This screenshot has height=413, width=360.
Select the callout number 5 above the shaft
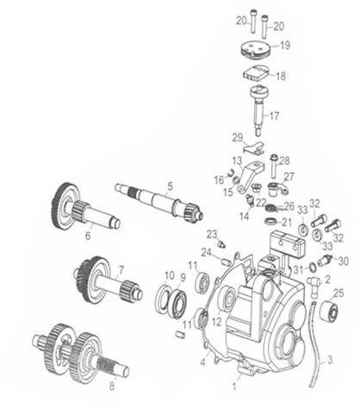tap(171, 185)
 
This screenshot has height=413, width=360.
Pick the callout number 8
tap(110, 386)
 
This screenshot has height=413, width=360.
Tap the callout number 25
tap(338, 293)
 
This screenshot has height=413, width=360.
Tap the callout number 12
tap(215, 320)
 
